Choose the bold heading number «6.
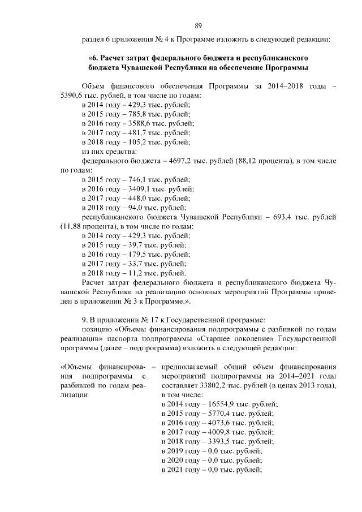tap(93, 58)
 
